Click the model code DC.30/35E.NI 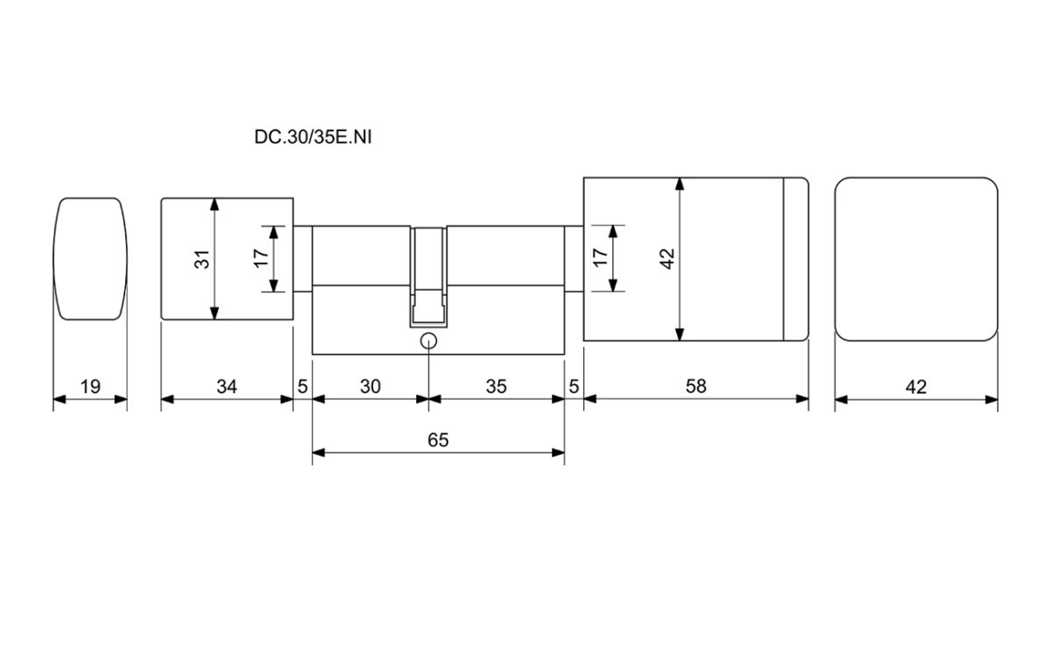pos(313,137)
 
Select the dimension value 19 pos(90,387)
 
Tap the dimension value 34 pos(227,386)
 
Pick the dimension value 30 pos(370,386)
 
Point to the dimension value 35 pos(496,386)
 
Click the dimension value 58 pos(695,386)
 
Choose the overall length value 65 pos(438,439)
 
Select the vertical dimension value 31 pos(202,259)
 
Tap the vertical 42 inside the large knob pos(667,259)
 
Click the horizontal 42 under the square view pos(916,387)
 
